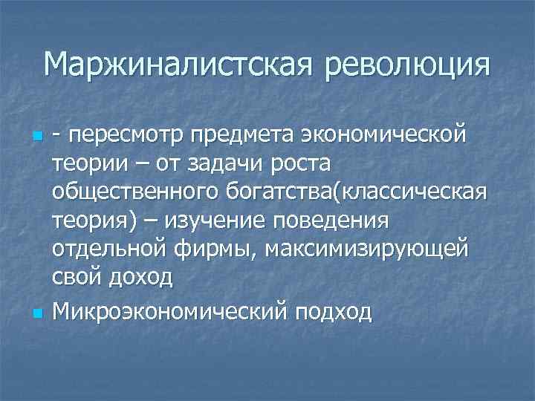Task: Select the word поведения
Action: click(334, 220)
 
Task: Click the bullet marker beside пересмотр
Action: click(36, 137)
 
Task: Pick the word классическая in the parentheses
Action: click(414, 192)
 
